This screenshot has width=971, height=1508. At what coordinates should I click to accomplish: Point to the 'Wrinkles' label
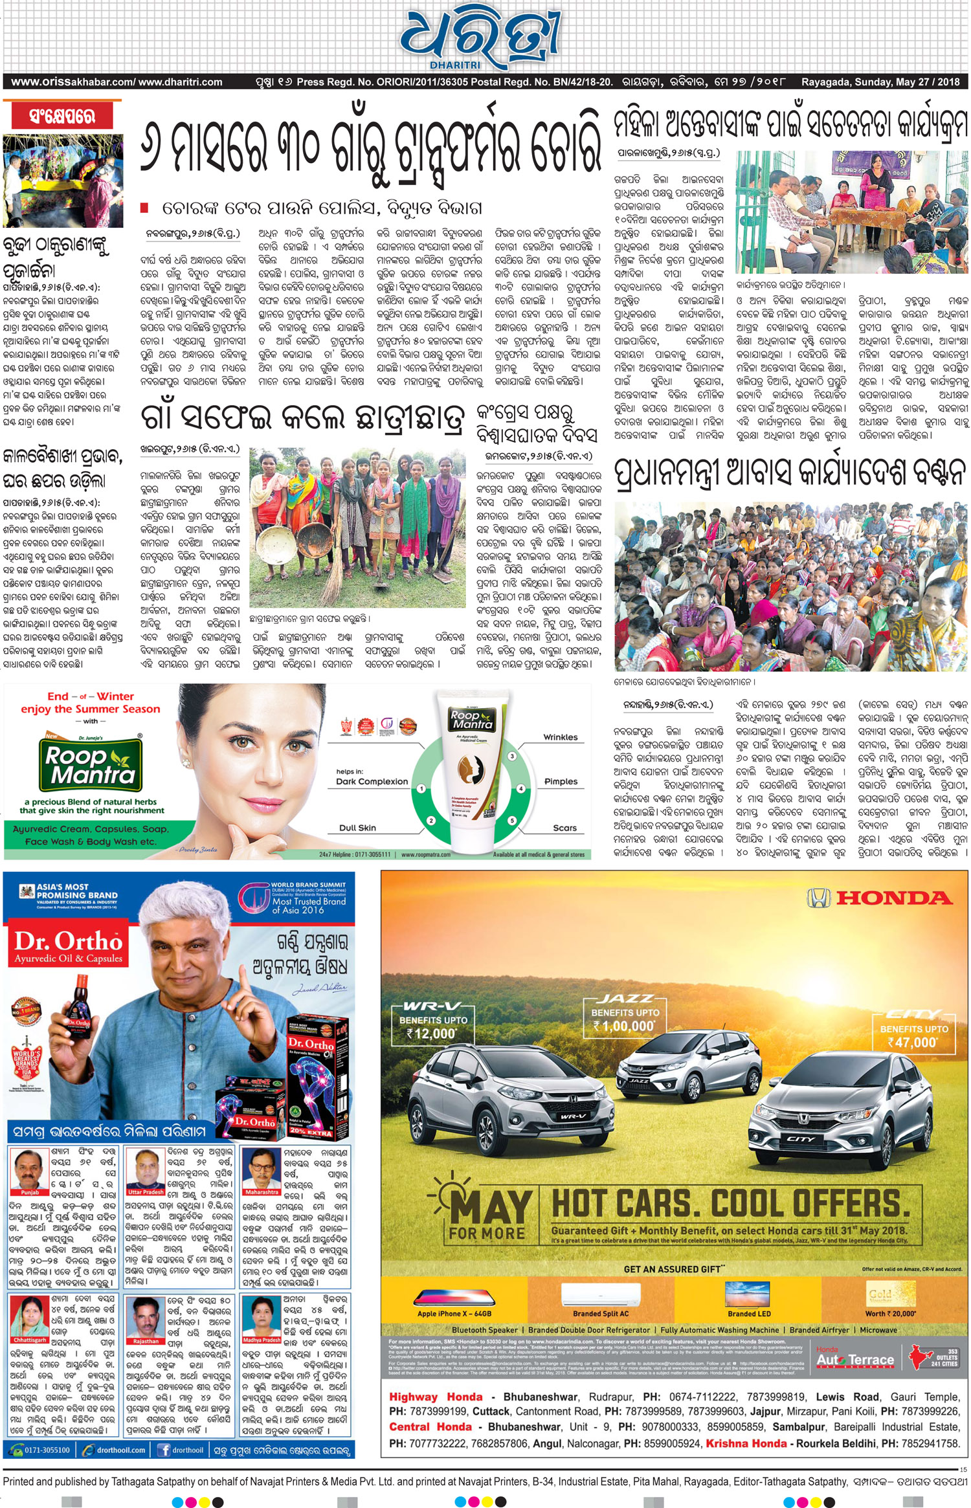561,737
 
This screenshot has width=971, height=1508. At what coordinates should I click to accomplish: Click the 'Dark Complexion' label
372,781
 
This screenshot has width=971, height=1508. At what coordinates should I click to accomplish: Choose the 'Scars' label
564,828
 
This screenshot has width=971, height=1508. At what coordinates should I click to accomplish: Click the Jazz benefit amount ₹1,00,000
624,1026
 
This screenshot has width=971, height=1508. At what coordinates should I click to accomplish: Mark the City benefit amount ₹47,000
912,1042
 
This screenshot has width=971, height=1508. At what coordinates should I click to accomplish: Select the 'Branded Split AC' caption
600,1314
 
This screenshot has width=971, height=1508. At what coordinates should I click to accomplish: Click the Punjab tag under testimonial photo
30,1192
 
